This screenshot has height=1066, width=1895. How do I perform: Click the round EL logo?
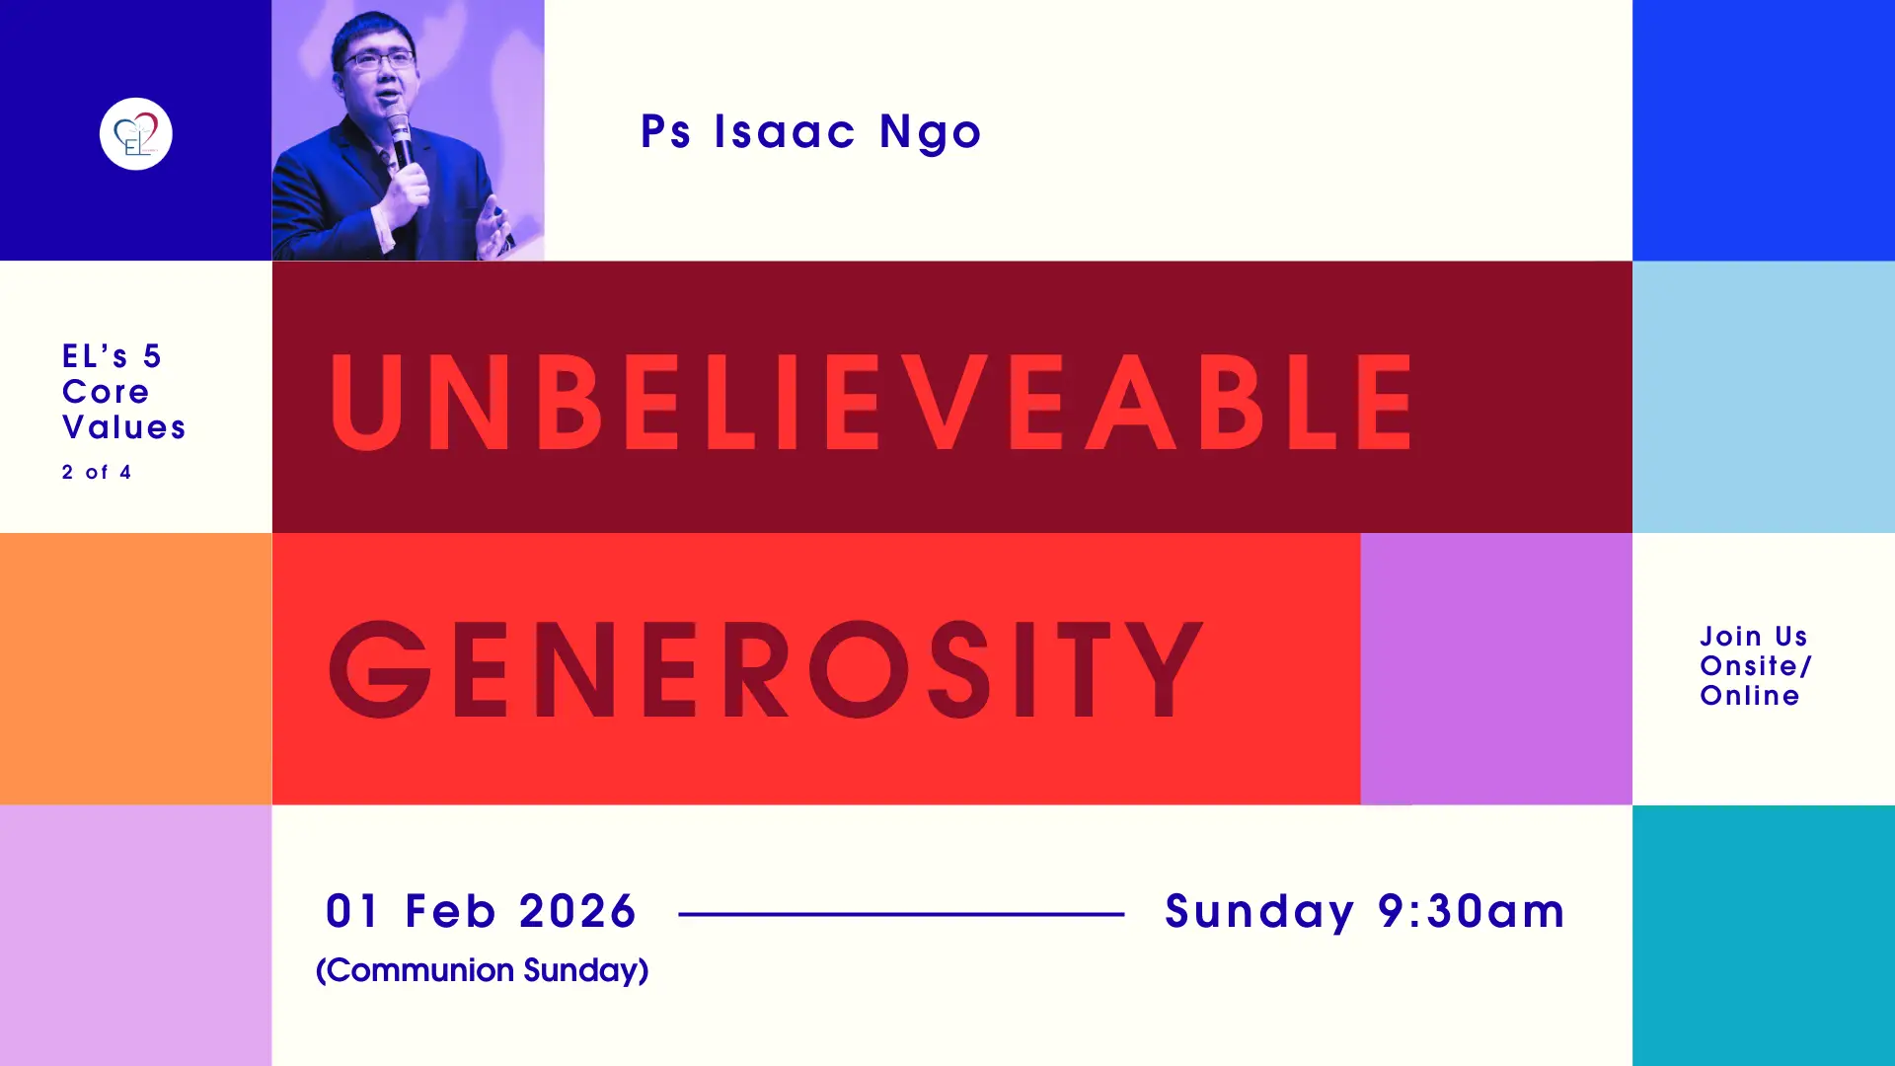(x=135, y=133)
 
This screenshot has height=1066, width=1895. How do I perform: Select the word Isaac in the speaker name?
(x=785, y=131)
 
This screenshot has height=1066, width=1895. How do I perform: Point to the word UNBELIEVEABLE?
(x=872, y=401)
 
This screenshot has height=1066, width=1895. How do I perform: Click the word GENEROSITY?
(x=766, y=669)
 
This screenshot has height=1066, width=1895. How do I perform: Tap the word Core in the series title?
(x=106, y=392)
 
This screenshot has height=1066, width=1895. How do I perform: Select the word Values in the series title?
(x=124, y=427)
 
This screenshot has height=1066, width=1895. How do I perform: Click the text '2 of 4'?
(x=97, y=472)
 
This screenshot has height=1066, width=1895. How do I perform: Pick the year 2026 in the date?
(x=577, y=910)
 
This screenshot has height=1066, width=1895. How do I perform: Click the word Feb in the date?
(x=450, y=910)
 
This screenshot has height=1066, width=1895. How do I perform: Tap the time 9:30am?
(x=1471, y=910)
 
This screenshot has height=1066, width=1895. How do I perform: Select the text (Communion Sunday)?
(x=482, y=970)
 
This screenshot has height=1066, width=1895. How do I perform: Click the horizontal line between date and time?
(x=901, y=914)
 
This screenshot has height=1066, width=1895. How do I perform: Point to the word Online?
(x=1750, y=695)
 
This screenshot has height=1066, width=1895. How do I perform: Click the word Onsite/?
(x=1756, y=665)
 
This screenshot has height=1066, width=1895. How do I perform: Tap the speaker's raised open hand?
(x=493, y=231)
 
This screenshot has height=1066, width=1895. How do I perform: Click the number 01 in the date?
(x=352, y=910)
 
